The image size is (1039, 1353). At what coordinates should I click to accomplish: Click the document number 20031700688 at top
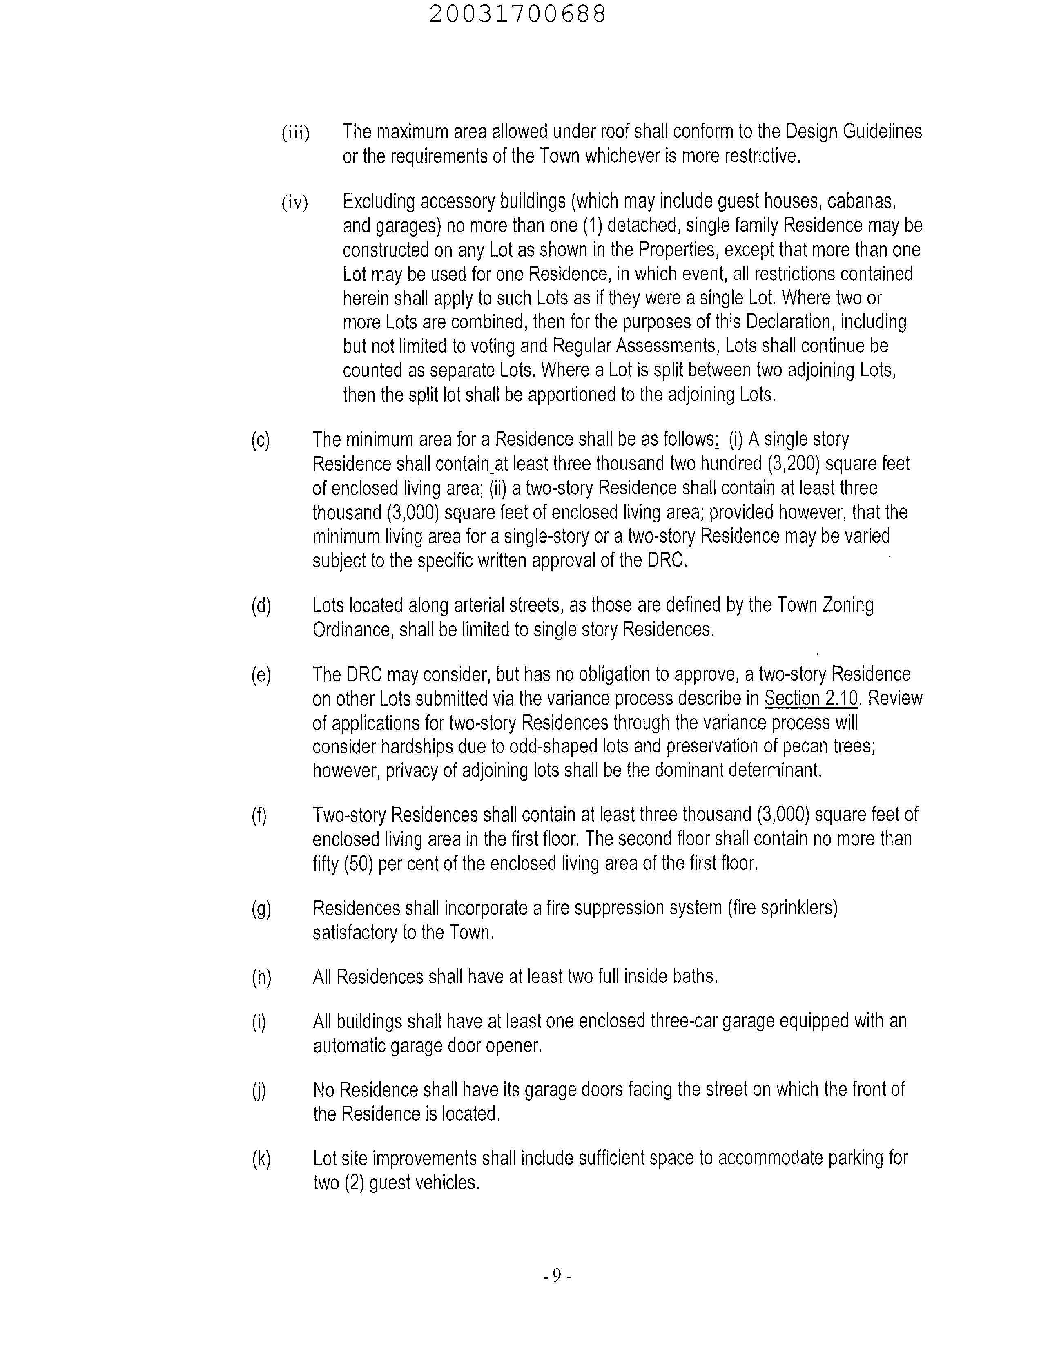pos(517,15)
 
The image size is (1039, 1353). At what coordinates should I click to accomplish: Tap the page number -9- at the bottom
pos(557,1276)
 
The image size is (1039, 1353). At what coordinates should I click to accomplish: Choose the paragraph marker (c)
pos(261,440)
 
